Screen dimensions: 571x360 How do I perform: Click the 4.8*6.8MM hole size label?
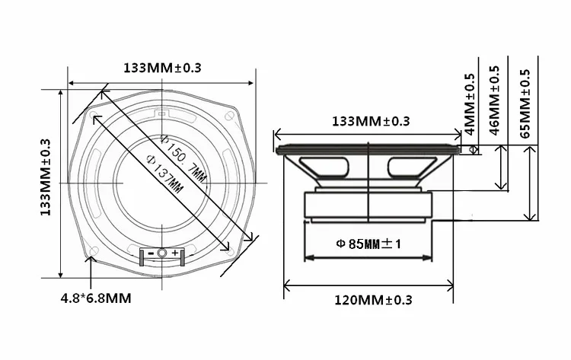point(96,298)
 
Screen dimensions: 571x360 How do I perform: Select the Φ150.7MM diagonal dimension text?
point(183,158)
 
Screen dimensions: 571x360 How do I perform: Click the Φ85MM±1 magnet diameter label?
point(368,244)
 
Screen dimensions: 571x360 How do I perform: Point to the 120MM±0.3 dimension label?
point(373,300)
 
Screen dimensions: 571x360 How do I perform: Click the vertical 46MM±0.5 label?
point(494,100)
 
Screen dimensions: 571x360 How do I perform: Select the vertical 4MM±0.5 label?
point(470,104)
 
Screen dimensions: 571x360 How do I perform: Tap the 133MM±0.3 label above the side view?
point(371,121)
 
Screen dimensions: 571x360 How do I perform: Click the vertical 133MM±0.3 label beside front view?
point(45,177)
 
